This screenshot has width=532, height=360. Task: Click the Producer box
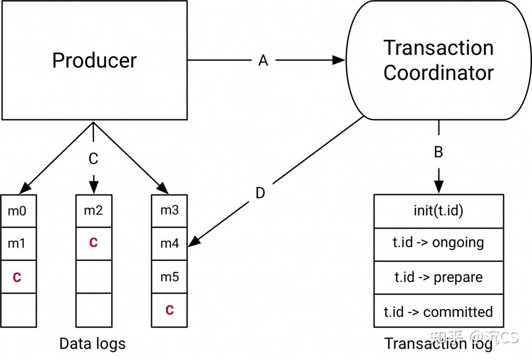(94, 60)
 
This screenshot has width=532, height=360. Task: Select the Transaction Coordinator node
(438, 60)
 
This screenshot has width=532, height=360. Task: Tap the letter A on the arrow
(263, 61)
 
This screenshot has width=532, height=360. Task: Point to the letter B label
(438, 152)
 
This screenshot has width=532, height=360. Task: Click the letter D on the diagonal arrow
(260, 193)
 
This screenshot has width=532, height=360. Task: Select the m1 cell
(18, 243)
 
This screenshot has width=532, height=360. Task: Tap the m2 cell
(94, 210)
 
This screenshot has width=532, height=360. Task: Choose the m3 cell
(169, 210)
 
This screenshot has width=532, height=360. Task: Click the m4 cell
(169, 243)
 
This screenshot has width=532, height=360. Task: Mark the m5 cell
(169, 277)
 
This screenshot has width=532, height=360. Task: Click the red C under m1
(17, 277)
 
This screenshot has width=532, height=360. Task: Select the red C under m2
(94, 243)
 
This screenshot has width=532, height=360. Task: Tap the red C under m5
(169, 310)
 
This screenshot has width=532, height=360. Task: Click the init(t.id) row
(438, 210)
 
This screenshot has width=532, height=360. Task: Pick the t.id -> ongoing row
(438, 243)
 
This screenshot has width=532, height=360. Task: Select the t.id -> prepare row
(438, 277)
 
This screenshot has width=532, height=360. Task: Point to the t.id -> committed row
(438, 312)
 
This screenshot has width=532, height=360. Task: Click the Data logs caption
(92, 343)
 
